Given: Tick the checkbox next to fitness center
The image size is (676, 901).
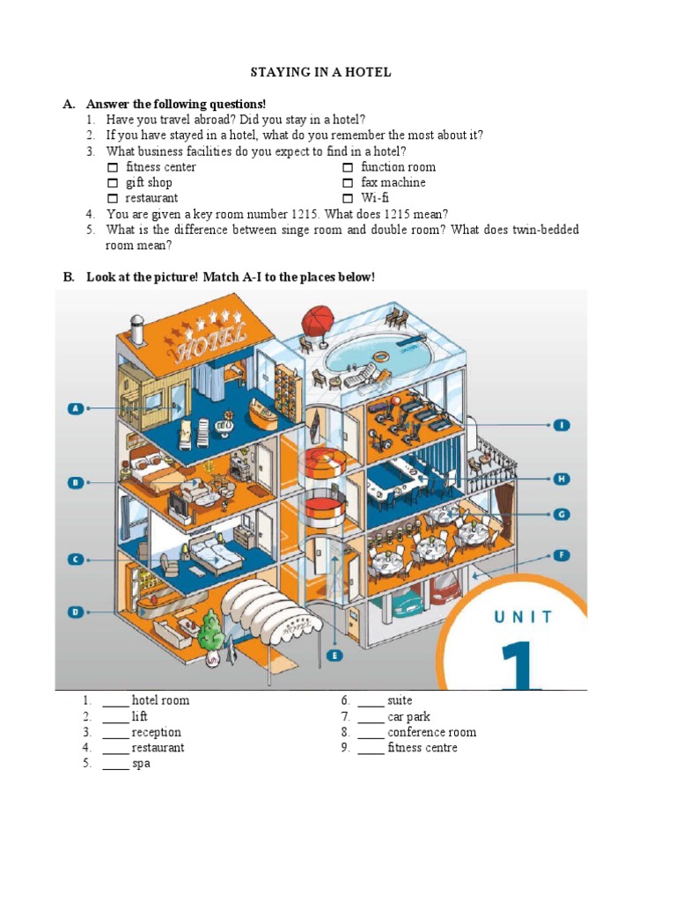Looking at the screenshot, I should point(112,167).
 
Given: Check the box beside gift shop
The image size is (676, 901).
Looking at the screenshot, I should point(112,183).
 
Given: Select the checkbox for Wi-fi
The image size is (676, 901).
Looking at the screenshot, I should point(348,199).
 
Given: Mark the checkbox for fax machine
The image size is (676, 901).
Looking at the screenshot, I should point(348,183).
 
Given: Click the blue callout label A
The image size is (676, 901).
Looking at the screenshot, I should point(77,408).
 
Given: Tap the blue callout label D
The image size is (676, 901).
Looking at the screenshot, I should point(77,612).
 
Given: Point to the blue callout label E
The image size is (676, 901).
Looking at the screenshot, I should point(334,655).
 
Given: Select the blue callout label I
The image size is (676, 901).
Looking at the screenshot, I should point(562,425).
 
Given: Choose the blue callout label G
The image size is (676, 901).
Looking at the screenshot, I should point(562,514).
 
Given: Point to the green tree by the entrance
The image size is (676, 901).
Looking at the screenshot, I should point(209,628).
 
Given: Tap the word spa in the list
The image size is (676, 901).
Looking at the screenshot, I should point(141,764).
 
